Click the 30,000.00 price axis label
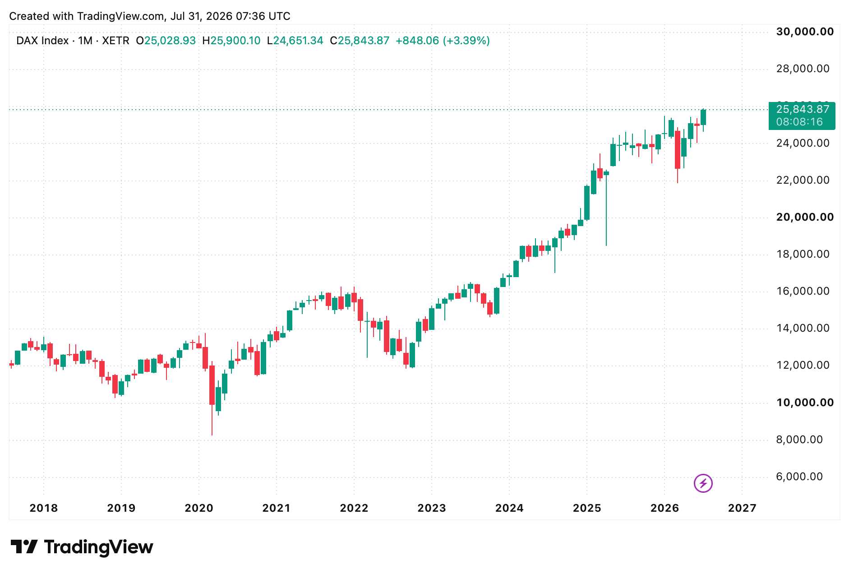(805, 32)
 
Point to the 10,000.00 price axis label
(805, 403)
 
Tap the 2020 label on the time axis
(199, 508)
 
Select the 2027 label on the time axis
(742, 508)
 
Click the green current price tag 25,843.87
(802, 116)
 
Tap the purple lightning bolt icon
(703, 483)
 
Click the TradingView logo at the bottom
(82, 547)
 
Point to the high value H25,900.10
(231, 41)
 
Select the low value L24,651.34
(295, 41)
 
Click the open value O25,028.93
(166, 41)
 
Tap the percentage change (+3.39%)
(466, 41)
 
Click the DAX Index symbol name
(42, 41)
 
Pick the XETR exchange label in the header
(115, 41)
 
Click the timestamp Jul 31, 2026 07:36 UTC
(231, 16)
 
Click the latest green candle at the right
(703, 117)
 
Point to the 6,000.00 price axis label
(799, 477)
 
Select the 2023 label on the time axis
(432, 508)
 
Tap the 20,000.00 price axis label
(805, 217)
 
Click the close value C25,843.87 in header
(360, 41)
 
